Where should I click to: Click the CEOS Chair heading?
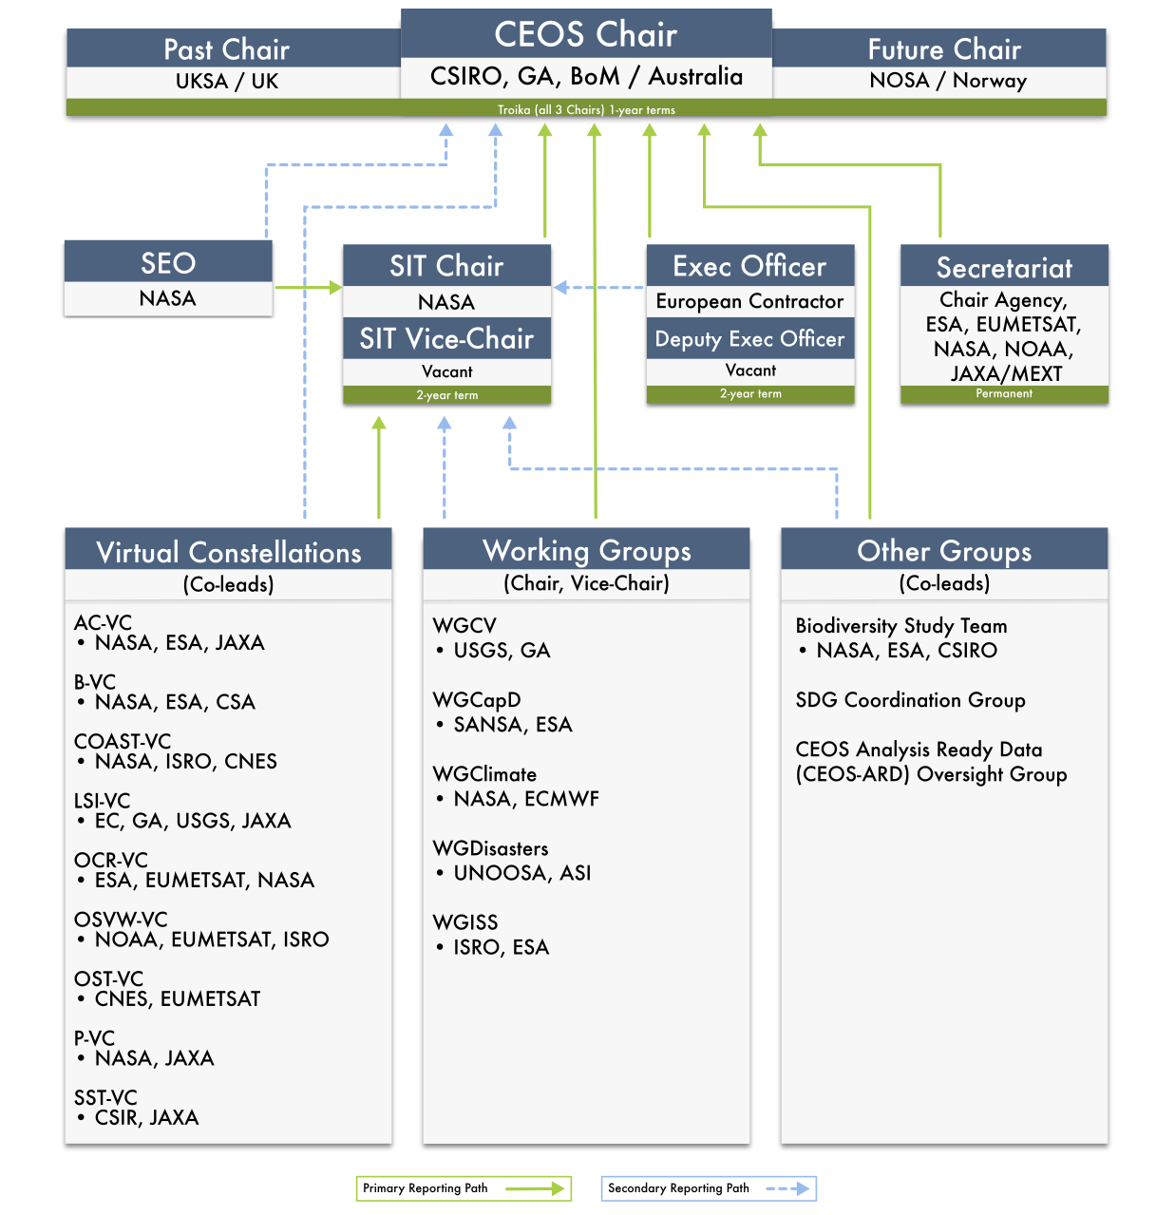(x=586, y=33)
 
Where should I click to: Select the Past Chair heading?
(x=227, y=49)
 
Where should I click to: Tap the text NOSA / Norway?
(x=948, y=81)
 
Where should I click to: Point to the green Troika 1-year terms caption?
(x=586, y=110)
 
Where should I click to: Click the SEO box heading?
(x=168, y=263)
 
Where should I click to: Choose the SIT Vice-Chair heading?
(x=446, y=338)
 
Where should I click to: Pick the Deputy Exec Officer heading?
(x=749, y=339)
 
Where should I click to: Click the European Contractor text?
(x=749, y=301)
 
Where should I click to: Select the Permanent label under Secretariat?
(x=1004, y=393)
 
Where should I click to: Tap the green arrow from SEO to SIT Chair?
(x=309, y=287)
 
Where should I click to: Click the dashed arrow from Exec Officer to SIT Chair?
(x=598, y=287)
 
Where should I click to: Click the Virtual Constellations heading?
(x=229, y=552)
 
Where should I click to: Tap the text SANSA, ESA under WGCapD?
(x=513, y=724)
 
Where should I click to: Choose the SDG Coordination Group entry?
(x=910, y=700)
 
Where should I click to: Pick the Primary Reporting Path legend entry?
(x=464, y=1188)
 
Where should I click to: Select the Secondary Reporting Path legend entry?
(x=709, y=1188)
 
